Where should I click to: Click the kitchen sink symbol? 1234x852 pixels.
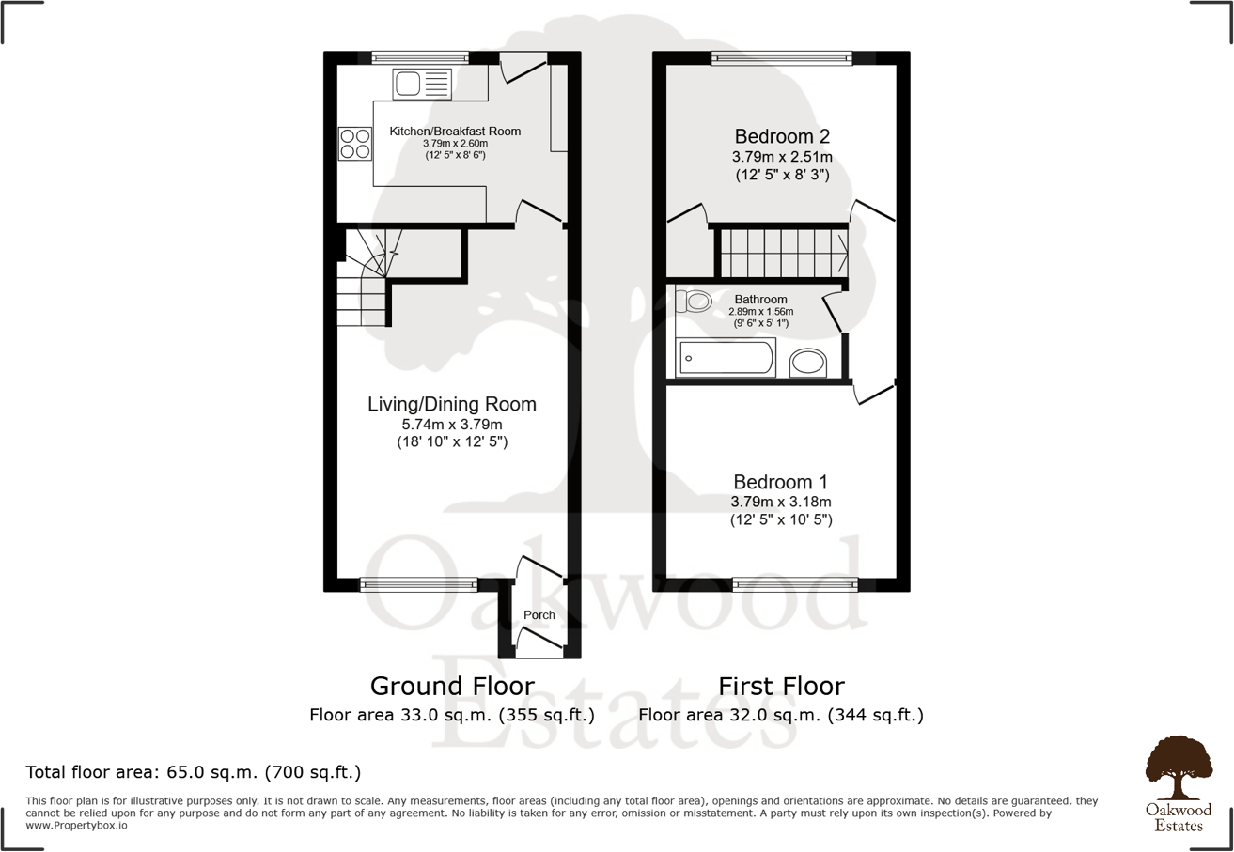(x=422, y=85)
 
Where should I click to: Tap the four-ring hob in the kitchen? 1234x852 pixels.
(x=354, y=143)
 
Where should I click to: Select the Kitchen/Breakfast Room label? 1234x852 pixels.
(x=455, y=132)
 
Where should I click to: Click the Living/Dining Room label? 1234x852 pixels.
(x=451, y=405)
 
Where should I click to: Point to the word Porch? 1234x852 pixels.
(x=539, y=615)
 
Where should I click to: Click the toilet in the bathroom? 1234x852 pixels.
(x=695, y=302)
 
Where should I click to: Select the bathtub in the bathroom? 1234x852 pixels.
(x=726, y=358)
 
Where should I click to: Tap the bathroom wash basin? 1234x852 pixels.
(x=807, y=362)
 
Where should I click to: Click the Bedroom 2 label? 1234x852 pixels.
(x=782, y=135)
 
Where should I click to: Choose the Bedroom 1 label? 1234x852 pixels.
(x=781, y=480)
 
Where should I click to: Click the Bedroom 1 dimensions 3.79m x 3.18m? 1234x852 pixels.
(x=781, y=501)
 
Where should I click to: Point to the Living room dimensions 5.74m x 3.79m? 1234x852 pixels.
(x=451, y=425)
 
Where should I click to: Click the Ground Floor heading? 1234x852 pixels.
(x=452, y=685)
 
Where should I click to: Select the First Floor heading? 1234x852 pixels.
(x=781, y=685)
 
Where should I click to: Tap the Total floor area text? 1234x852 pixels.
(x=194, y=773)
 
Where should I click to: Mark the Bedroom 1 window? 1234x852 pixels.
(x=795, y=584)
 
